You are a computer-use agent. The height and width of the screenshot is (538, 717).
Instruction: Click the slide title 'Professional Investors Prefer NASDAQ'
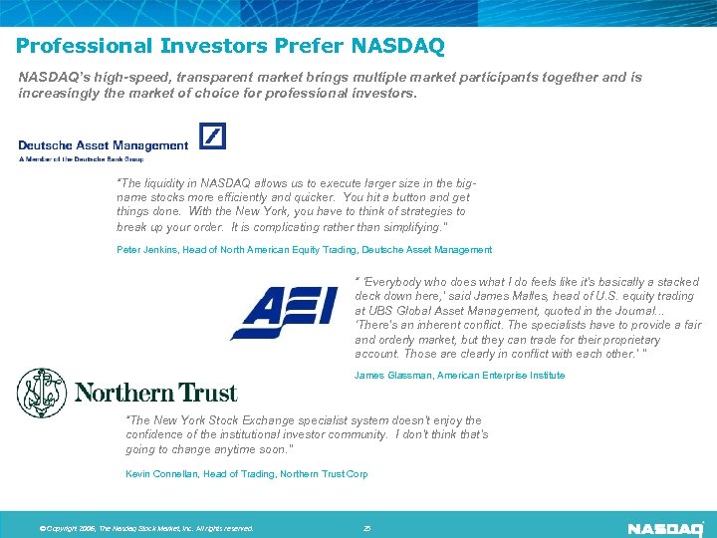(230, 46)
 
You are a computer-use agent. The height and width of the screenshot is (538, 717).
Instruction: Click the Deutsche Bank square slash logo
(213, 135)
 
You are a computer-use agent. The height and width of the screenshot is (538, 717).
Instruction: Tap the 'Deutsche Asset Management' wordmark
(103, 145)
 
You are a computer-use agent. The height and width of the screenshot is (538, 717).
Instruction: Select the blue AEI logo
(283, 313)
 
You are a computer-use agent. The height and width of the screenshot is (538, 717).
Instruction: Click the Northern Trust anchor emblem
(41, 393)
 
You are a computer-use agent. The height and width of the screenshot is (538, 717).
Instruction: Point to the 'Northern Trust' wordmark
(155, 394)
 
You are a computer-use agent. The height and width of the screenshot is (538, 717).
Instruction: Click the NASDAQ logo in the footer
(665, 527)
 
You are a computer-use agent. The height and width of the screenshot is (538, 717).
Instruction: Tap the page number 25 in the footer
(366, 528)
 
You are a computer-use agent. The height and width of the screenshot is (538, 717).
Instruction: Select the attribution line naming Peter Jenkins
(305, 250)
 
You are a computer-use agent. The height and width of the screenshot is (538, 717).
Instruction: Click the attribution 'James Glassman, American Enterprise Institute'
(459, 376)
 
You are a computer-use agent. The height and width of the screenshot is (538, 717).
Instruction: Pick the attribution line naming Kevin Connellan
(246, 474)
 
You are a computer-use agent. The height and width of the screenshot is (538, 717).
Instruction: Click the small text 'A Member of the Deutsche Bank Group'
(81, 158)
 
